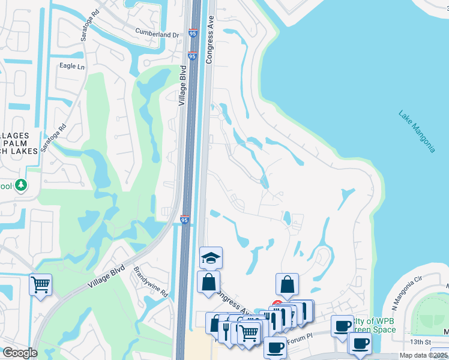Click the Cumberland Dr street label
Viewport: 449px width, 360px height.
[x=157, y=35]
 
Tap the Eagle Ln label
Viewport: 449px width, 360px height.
[x=71, y=66]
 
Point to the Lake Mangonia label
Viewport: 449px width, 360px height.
[x=417, y=131]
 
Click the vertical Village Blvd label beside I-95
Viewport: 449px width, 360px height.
[x=183, y=86]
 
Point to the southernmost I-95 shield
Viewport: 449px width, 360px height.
[x=185, y=221]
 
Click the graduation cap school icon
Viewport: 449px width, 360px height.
[x=211, y=257]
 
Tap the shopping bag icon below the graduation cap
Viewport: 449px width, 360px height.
[x=208, y=281]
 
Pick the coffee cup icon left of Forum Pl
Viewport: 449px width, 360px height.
[x=276, y=347]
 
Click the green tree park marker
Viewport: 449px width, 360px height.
[x=22, y=185]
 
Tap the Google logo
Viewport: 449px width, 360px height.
[x=19, y=353]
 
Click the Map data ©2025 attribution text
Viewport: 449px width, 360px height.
[x=424, y=355]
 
